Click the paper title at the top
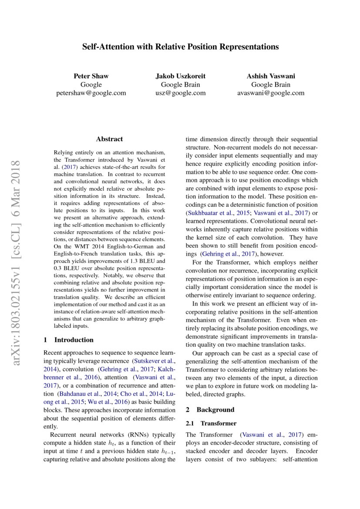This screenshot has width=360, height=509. click(x=180, y=47)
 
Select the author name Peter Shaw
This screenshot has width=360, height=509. click(x=91, y=76)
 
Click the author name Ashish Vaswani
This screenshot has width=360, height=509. click(x=270, y=76)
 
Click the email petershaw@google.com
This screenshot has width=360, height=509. click(x=91, y=93)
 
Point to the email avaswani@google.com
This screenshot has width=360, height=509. click(x=270, y=93)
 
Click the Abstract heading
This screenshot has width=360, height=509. click(x=109, y=139)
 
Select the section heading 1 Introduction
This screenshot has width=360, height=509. click(x=69, y=340)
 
